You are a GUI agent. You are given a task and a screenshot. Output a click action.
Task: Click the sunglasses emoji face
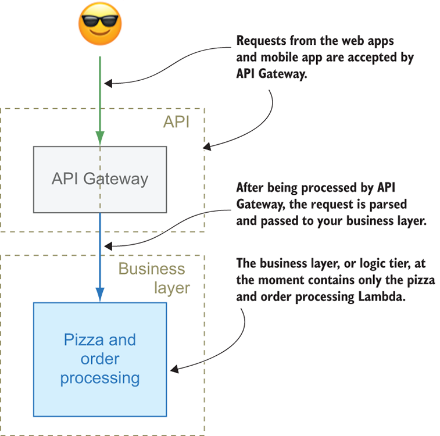(x=99, y=26)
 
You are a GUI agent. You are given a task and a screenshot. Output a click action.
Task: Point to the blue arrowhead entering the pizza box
(x=100, y=295)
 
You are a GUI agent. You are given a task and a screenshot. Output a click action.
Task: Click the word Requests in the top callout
(x=259, y=42)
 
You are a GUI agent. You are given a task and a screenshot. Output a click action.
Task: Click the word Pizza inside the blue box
(x=81, y=339)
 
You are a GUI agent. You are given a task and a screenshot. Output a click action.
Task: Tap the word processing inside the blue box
(x=100, y=378)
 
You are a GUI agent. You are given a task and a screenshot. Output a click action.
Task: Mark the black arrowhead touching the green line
(x=109, y=83)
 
